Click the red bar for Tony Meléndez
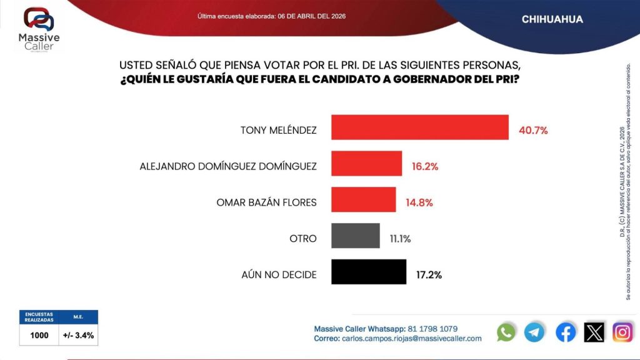pos(419,127)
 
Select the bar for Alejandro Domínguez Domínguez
pos(366,164)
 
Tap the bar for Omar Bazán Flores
pos(363,200)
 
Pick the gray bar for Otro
pos(355,236)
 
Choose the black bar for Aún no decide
pos(368,272)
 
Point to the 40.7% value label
pos(533,131)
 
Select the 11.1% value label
pos(401,239)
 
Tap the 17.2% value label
pos(429,275)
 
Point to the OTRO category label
pos(303,239)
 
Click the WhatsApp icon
pos(506,332)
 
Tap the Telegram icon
pos(535,332)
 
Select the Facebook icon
pos(566,332)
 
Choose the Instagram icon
pos(622,332)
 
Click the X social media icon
pos(594,332)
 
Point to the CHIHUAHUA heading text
pos(552,19)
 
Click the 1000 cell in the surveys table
pos(39,335)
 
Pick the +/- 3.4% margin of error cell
pos(79,335)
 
